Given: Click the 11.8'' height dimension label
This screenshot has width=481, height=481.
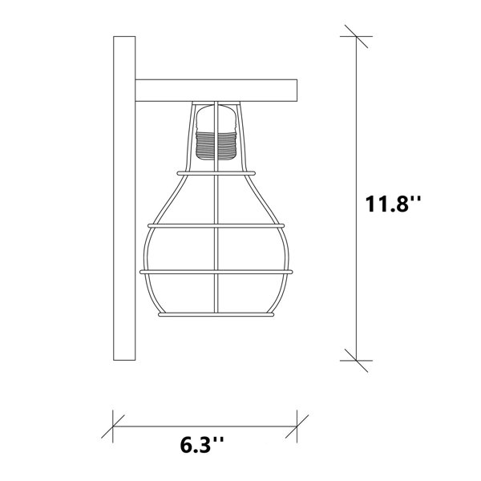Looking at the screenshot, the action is click(x=394, y=204).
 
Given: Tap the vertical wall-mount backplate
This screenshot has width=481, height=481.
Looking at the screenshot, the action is click(x=124, y=198).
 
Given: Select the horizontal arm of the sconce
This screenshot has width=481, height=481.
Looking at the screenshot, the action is click(x=216, y=91).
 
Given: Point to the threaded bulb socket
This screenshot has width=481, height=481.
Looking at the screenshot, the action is click(x=216, y=146).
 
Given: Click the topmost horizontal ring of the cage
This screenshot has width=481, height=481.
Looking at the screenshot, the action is click(x=216, y=173).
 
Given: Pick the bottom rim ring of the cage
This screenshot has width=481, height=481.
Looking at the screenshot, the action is click(x=216, y=315).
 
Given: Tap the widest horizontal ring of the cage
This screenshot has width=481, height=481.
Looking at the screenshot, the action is click(x=216, y=272).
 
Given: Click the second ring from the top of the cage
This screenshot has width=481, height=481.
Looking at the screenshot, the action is click(x=216, y=226).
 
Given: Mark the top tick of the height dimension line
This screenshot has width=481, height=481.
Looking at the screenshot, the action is click(x=356, y=36).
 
